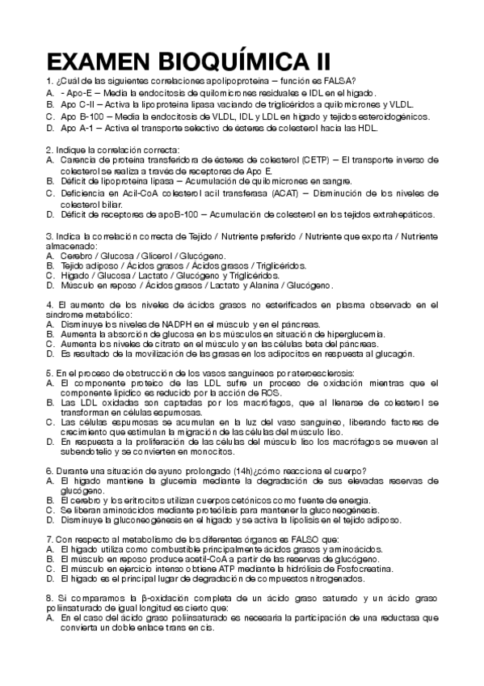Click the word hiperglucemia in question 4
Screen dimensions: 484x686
(x=352, y=333)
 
